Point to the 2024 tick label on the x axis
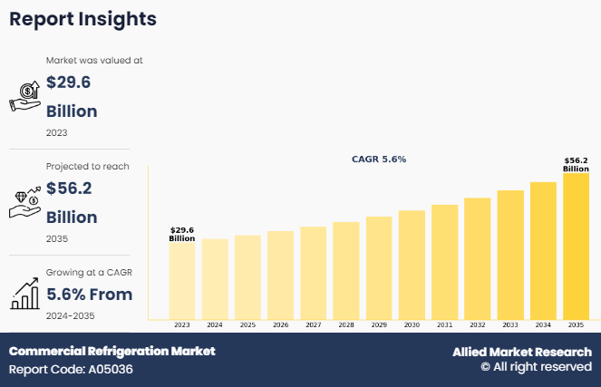[x=215, y=324]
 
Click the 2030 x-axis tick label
[x=412, y=324]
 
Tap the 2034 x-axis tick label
[x=543, y=324]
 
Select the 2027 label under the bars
[x=313, y=324]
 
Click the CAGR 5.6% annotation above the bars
[x=379, y=159]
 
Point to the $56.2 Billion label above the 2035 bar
[x=576, y=164]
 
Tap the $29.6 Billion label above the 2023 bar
[x=181, y=234]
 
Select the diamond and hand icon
[x=24, y=203]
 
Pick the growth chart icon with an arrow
[x=24, y=293]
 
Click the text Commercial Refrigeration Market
[x=112, y=351]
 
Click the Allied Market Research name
[x=522, y=352]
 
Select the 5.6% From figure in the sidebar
[x=89, y=294]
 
